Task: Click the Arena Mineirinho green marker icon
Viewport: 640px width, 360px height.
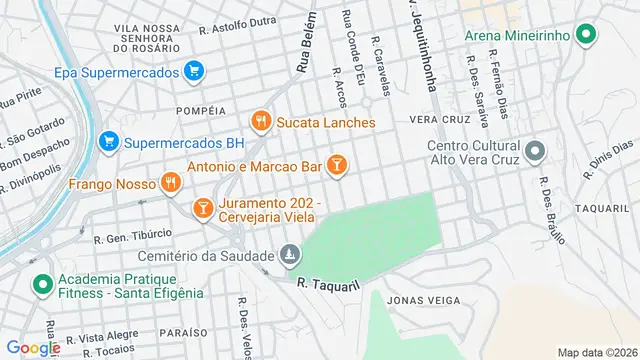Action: [589, 36]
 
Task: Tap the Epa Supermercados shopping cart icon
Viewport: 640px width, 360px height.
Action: [194, 71]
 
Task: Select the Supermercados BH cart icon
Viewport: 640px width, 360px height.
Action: [109, 142]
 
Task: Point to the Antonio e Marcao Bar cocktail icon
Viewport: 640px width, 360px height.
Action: [337, 163]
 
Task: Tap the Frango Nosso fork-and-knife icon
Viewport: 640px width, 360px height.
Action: [171, 184]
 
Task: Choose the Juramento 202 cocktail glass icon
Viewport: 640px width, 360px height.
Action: [202, 208]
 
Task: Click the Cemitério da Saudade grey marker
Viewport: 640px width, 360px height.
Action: [289, 257]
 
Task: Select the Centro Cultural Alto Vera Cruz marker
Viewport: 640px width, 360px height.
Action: [535, 153]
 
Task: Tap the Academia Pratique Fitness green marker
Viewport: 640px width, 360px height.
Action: [41, 285]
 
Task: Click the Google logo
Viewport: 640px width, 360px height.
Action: [33, 347]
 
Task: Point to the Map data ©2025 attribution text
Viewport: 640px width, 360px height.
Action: [595, 352]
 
